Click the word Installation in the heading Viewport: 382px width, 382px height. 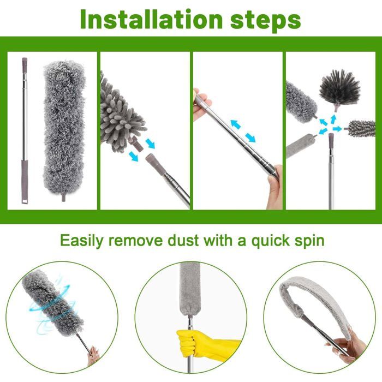(x=151, y=20)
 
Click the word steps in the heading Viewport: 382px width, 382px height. (x=266, y=21)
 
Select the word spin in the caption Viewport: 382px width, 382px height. (x=309, y=241)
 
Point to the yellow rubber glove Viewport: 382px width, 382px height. (x=207, y=344)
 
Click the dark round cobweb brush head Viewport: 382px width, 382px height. (x=339, y=88)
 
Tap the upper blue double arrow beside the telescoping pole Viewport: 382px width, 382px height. (x=236, y=124)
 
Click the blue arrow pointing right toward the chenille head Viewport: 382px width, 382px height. (x=337, y=129)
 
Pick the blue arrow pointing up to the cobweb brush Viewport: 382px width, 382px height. (x=333, y=120)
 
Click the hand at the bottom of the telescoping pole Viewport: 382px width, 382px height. (x=275, y=187)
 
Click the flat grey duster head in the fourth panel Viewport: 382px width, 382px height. (x=300, y=146)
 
